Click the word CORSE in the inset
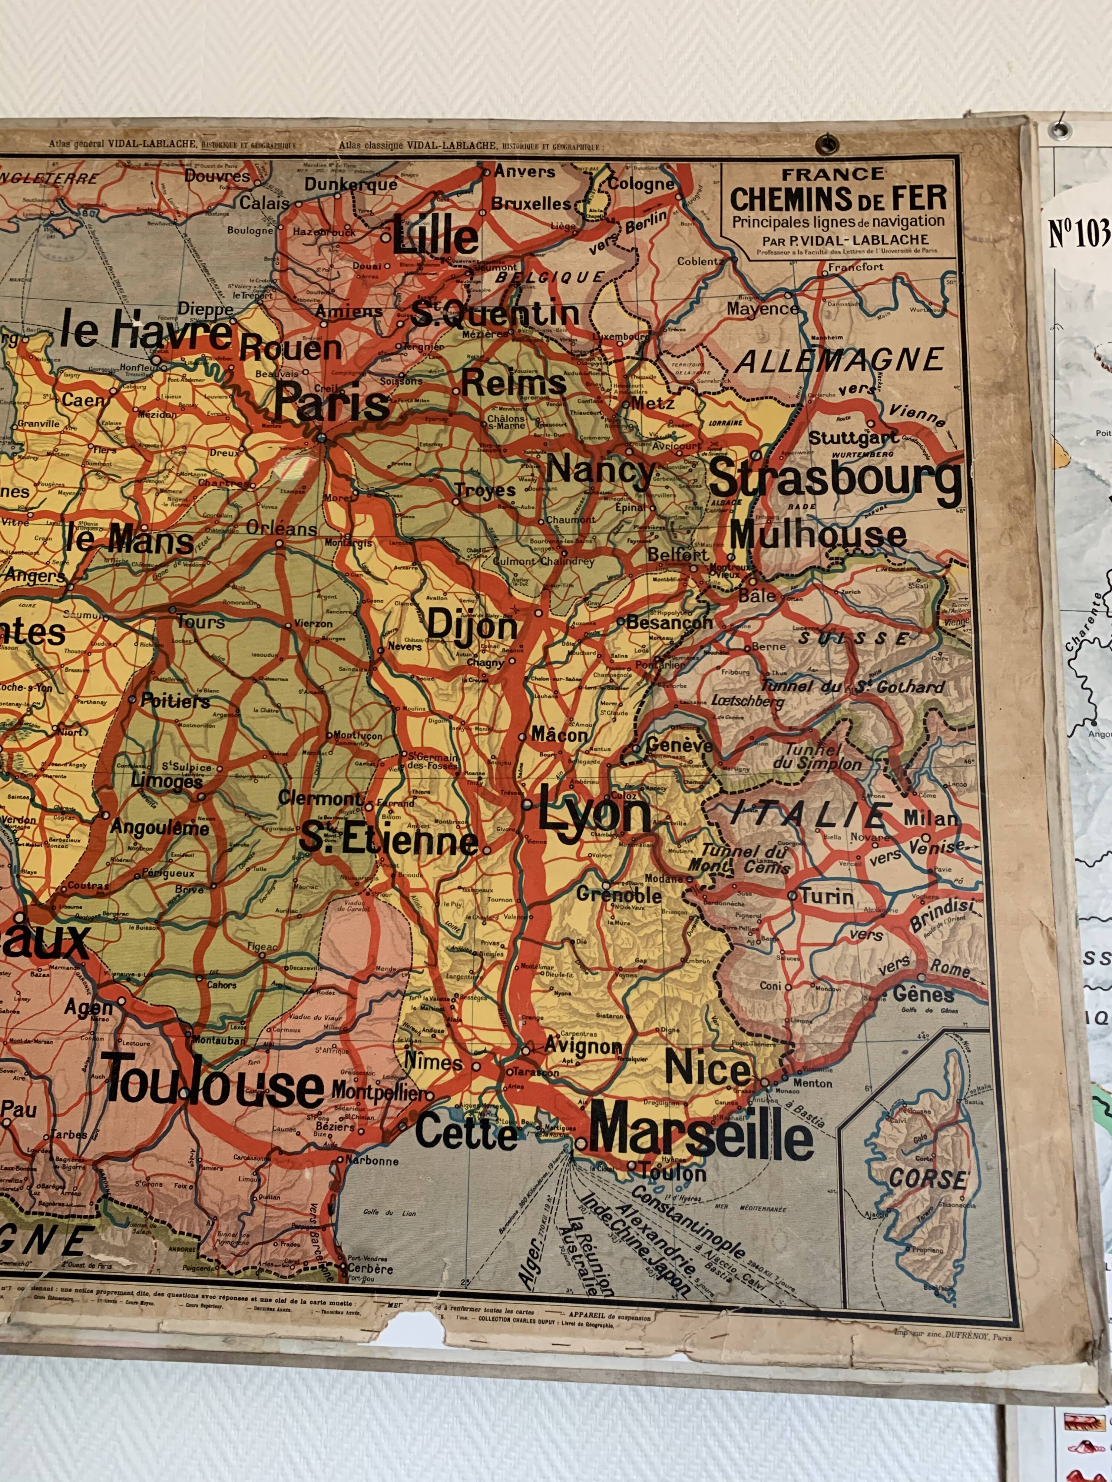click(929, 1179)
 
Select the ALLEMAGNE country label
click(840, 361)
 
